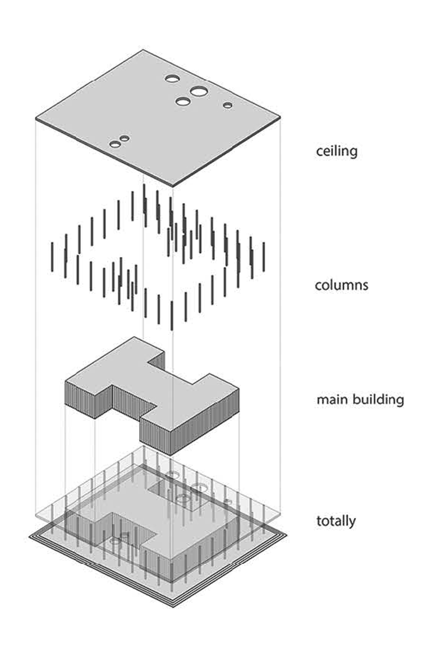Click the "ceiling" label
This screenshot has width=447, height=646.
pos(336,151)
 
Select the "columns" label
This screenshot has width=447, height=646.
pos(341,285)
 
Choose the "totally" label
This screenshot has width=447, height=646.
pos(336,520)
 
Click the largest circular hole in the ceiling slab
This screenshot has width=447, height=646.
pos(198,91)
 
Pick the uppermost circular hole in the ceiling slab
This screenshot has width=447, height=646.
pos(173,78)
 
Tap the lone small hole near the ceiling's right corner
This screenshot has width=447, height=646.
pos(228,105)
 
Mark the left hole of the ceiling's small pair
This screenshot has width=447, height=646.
pos(115,143)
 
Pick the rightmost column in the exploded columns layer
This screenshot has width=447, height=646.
pos(264,257)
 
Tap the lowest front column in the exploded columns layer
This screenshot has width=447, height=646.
pos(172,315)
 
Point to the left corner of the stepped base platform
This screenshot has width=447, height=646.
pos(30,537)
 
